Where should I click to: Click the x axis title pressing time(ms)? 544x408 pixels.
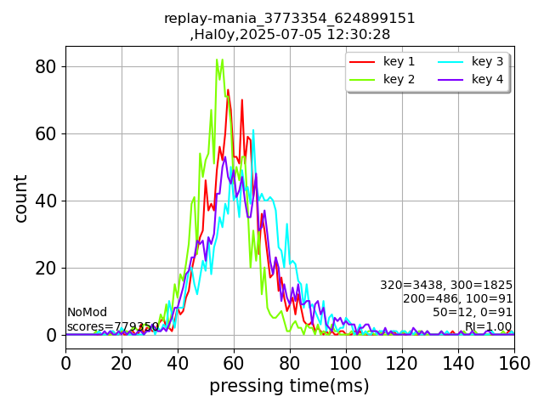pyautogui.click(x=289, y=386)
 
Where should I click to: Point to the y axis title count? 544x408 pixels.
pyautogui.click(x=21, y=198)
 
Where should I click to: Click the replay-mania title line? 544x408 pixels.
pyautogui.click(x=289, y=18)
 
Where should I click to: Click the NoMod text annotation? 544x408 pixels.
pyautogui.click(x=88, y=313)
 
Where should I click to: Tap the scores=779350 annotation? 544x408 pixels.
pyautogui.click(x=113, y=326)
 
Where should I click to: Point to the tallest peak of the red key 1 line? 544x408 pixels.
pyautogui.click(x=228, y=90)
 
